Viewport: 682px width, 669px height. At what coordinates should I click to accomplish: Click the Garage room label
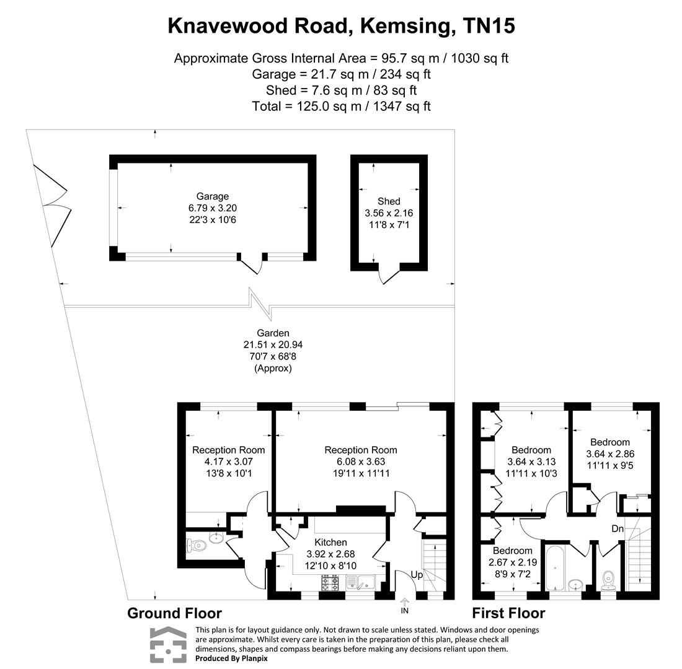click(213, 197)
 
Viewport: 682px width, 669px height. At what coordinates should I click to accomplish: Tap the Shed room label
click(389, 201)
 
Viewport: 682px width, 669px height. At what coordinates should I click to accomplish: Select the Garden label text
click(273, 333)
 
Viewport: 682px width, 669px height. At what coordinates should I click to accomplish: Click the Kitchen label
click(330, 542)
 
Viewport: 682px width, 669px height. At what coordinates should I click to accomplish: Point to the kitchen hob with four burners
click(329, 583)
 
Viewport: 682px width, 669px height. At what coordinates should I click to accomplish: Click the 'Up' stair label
click(417, 575)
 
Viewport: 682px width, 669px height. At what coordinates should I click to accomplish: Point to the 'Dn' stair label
click(617, 528)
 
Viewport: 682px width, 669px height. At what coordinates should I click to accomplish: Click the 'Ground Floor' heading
click(174, 613)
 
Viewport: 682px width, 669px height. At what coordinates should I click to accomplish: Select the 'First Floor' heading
click(508, 613)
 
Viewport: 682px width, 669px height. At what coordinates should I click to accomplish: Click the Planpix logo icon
click(167, 645)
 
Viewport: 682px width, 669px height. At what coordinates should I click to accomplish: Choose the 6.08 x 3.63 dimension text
click(361, 461)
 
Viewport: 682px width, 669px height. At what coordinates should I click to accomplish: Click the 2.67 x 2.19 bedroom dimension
click(512, 562)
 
